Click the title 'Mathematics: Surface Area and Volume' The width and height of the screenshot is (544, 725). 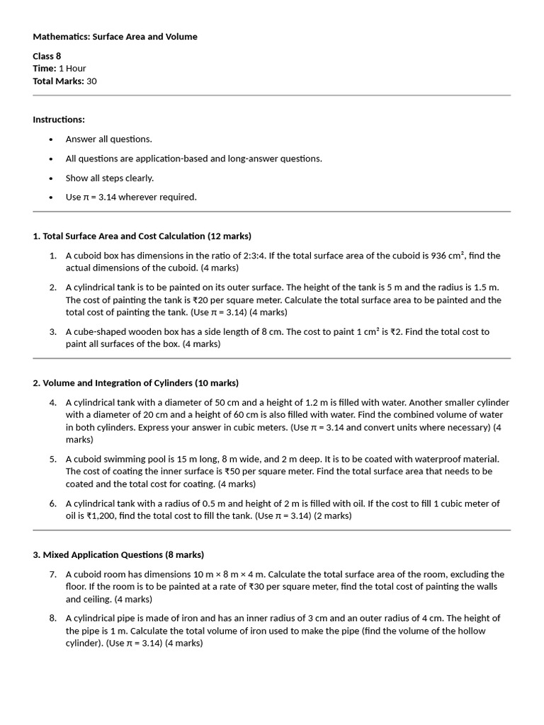[x=115, y=37]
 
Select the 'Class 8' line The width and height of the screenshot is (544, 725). [x=47, y=56]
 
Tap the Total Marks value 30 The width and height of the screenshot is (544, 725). [x=92, y=81]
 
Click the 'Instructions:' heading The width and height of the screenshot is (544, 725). [x=59, y=120]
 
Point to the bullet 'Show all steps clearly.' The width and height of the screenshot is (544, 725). [x=110, y=178]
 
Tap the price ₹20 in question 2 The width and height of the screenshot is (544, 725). [x=203, y=299]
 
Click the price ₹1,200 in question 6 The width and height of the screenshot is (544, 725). [x=101, y=515]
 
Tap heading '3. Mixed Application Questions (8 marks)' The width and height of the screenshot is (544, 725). [x=118, y=554]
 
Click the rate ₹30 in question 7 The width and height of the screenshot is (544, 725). [x=257, y=586]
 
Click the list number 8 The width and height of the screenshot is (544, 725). [x=52, y=618]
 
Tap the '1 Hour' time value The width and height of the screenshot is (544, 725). [x=72, y=69]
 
